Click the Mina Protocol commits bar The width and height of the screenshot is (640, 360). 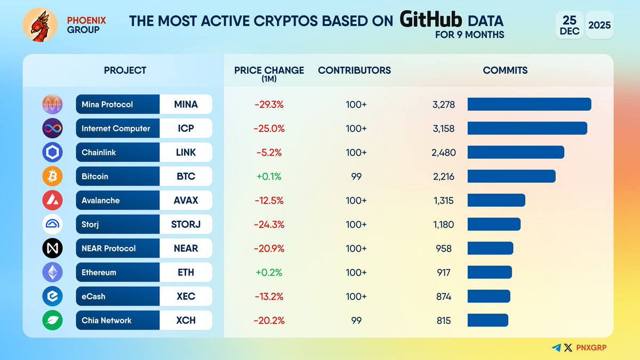point(529,105)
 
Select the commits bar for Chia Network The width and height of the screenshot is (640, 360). point(487,321)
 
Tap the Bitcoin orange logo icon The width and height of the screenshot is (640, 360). point(52,177)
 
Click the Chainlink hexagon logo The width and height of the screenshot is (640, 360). point(52,153)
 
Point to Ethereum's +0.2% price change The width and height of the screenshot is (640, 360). point(269,273)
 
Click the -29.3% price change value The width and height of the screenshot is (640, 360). point(269,105)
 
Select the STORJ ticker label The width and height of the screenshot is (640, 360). point(186,225)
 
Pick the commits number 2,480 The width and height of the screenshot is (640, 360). point(444,153)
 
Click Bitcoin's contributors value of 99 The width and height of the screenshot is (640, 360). point(356,177)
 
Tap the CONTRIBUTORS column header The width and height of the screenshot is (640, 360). point(354,70)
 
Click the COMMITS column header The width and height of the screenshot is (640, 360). point(505,70)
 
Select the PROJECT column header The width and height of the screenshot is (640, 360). point(125,70)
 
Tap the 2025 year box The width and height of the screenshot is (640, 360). point(599,25)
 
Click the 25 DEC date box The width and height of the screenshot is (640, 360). point(569,25)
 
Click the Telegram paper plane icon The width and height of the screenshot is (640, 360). point(556,348)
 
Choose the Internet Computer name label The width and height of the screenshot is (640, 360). point(116,129)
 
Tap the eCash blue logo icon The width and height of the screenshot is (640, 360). point(52,297)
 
